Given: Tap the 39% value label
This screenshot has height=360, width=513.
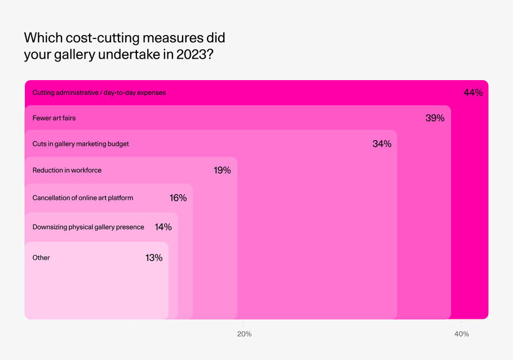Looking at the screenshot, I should [435, 118].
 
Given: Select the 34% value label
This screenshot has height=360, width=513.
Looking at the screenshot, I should [382, 144].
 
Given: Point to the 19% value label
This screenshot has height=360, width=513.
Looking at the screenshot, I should [222, 170].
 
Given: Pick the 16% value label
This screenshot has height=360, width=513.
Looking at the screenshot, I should [178, 198].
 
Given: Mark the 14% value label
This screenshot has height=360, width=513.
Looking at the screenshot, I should [163, 227].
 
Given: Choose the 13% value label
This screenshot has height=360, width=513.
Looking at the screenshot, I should [154, 258].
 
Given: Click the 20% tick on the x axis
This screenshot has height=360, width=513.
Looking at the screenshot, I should [244, 334].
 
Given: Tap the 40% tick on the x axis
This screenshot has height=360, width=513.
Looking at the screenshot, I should [462, 334].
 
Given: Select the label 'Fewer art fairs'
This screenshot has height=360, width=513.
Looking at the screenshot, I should [54, 118].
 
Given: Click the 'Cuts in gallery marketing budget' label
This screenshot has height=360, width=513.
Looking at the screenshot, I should [81, 144].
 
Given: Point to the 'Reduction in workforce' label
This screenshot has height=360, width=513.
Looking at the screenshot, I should [67, 170].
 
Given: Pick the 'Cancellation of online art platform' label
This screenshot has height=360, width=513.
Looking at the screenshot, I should [83, 198].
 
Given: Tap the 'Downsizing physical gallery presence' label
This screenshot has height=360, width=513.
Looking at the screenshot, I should [89, 227].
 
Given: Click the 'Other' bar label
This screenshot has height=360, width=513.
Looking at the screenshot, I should [41, 258].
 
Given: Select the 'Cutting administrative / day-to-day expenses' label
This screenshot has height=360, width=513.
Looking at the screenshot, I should [99, 93].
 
